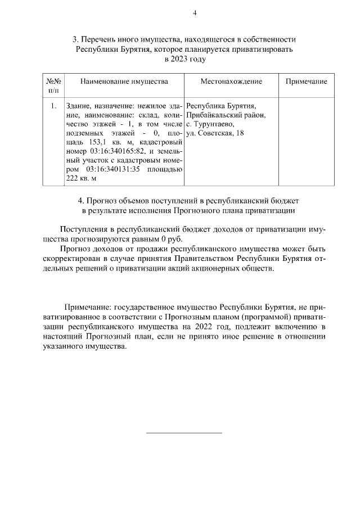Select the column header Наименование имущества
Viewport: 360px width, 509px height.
(x=124, y=82)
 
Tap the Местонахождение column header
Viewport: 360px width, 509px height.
(x=231, y=82)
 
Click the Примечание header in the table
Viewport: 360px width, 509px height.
(x=306, y=82)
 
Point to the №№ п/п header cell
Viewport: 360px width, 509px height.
(x=53, y=85)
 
